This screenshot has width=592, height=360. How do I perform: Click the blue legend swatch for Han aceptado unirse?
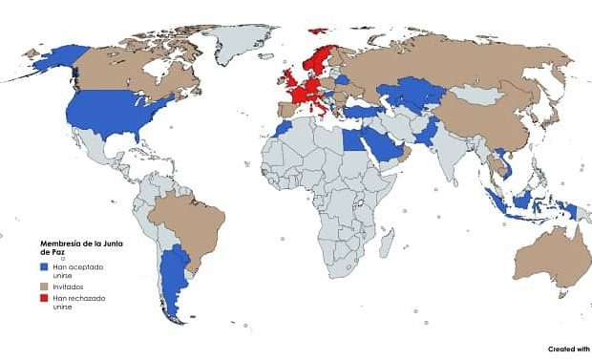pyautogui.click(x=45, y=266)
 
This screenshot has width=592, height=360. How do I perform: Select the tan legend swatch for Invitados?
pyautogui.click(x=45, y=285)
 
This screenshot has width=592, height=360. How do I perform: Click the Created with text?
pyautogui.click(x=568, y=349)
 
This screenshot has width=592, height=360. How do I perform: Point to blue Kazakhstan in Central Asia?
pyautogui.click(x=411, y=94)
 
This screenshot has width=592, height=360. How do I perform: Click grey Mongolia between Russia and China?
pyautogui.click(x=477, y=95)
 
